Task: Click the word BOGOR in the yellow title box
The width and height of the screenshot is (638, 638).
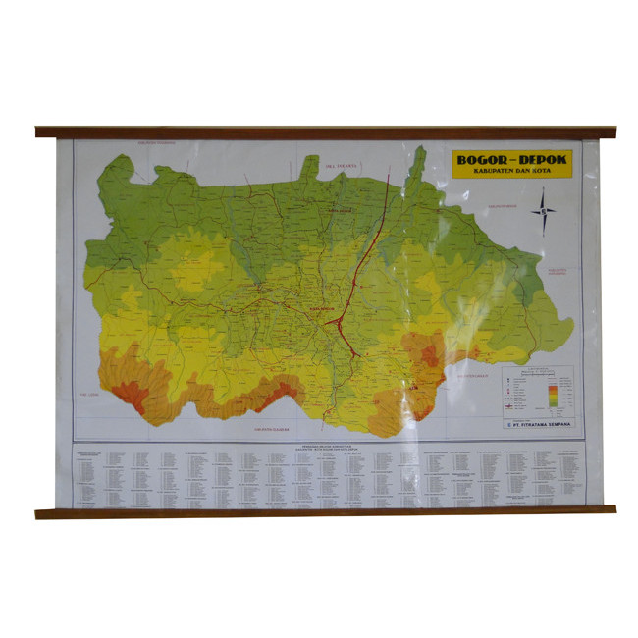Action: tap(481, 158)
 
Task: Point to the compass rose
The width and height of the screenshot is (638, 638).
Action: tap(542, 211)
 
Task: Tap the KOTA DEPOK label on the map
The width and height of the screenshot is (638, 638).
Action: tap(341, 209)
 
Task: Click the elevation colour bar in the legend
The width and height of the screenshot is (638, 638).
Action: tap(555, 393)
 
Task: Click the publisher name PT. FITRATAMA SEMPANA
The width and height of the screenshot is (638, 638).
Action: tap(542, 424)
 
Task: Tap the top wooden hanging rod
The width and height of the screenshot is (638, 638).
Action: tap(325, 132)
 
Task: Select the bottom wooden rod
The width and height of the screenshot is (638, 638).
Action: tap(325, 511)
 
